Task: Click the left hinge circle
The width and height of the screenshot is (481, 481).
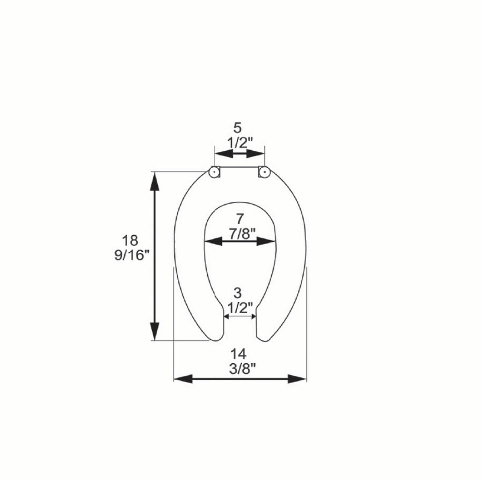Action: (x=214, y=172)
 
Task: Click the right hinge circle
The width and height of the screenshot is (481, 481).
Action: (x=264, y=172)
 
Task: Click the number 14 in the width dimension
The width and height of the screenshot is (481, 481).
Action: (x=238, y=354)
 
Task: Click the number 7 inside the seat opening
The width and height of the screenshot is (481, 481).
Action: (x=239, y=219)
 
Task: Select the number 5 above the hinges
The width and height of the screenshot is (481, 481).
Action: (x=237, y=128)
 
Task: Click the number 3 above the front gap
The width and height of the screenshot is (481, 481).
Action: (x=237, y=293)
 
